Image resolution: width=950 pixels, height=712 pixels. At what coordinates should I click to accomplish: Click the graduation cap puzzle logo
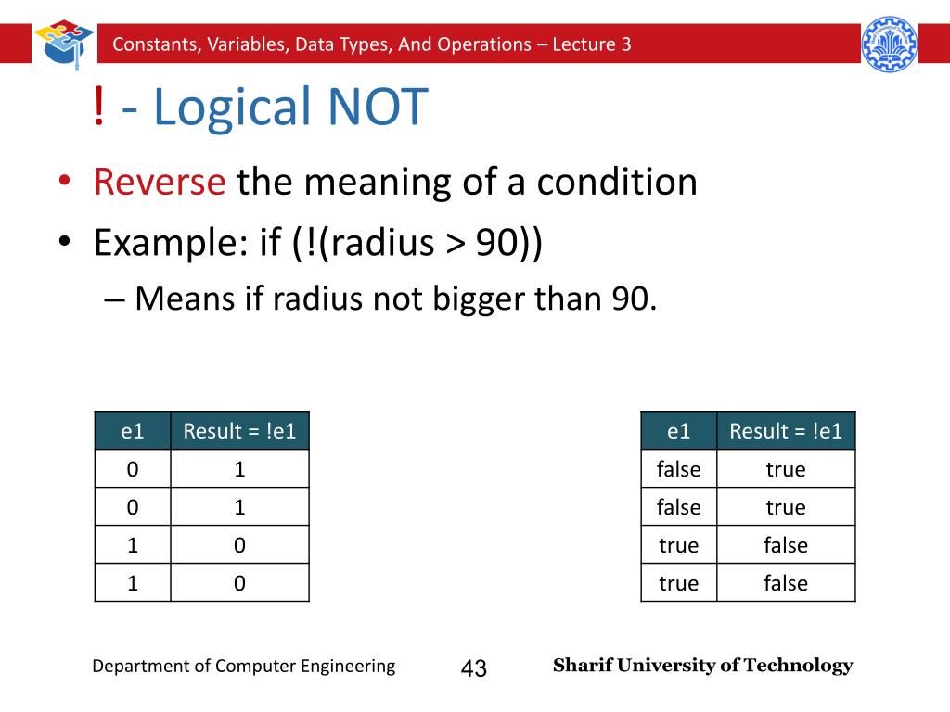tap(64, 43)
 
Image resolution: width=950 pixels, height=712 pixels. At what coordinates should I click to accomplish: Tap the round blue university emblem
tap(889, 44)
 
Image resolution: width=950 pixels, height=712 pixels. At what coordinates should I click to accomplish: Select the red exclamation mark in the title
tap(99, 108)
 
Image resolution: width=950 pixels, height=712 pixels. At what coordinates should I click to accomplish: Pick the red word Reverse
tap(160, 182)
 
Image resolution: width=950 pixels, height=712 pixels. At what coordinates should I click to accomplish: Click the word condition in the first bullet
tap(614, 182)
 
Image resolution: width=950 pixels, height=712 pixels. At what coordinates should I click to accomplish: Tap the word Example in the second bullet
tap(163, 243)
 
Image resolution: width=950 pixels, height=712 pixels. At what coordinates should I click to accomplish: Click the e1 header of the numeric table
tap(133, 431)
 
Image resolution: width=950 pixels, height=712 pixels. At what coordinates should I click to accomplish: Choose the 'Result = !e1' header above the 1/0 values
tap(239, 431)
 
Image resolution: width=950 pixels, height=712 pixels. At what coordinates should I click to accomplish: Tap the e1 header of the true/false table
tap(678, 431)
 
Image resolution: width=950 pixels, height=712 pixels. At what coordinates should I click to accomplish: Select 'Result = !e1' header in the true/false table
tap(786, 431)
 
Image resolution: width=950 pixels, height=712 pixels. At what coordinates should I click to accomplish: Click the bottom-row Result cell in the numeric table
tap(239, 583)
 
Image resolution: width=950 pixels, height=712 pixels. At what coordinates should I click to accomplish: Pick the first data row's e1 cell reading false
tap(678, 469)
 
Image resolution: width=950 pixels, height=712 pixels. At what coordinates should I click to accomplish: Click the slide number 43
tap(473, 667)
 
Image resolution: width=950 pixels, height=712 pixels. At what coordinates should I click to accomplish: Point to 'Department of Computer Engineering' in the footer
tap(243, 666)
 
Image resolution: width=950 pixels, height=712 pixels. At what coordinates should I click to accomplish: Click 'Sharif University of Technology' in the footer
tap(702, 666)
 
